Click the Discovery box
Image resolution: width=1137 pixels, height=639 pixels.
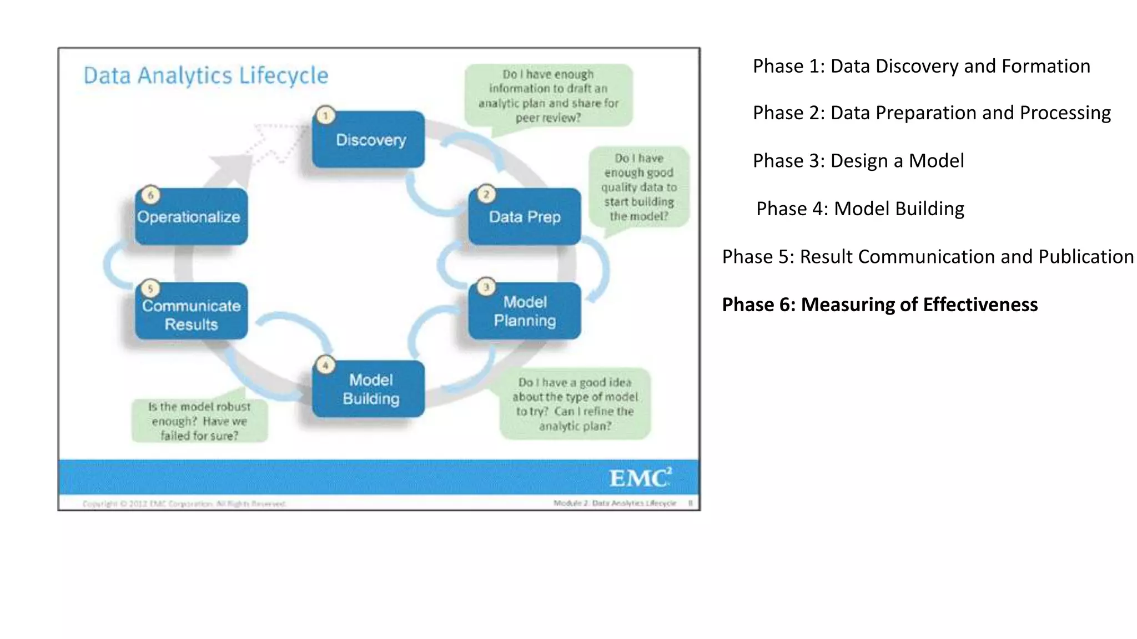coord(369,140)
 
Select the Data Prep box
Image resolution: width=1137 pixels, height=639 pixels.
coord(525,216)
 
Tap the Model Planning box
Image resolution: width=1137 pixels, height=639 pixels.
coord(525,311)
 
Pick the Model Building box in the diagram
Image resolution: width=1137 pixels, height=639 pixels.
coord(369,389)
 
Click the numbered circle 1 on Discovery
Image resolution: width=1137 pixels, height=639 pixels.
coord(326,115)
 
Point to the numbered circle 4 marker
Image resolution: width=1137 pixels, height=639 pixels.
coord(326,365)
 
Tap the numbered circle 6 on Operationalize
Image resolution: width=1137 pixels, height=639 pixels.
coord(150,195)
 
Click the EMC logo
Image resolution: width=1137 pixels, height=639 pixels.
coord(640,478)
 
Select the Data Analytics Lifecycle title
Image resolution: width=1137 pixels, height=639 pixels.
coord(206,75)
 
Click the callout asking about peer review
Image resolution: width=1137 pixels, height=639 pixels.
coord(548,96)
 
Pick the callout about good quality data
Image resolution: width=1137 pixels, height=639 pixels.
coord(638,187)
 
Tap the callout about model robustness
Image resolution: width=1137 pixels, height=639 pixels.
coord(199,421)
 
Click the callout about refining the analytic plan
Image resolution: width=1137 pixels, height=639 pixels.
coord(575,404)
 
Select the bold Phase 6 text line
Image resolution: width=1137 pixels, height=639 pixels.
coord(879,305)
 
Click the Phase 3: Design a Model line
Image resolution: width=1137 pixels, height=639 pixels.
coord(858,161)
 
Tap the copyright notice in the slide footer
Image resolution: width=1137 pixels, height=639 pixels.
coord(184,504)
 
